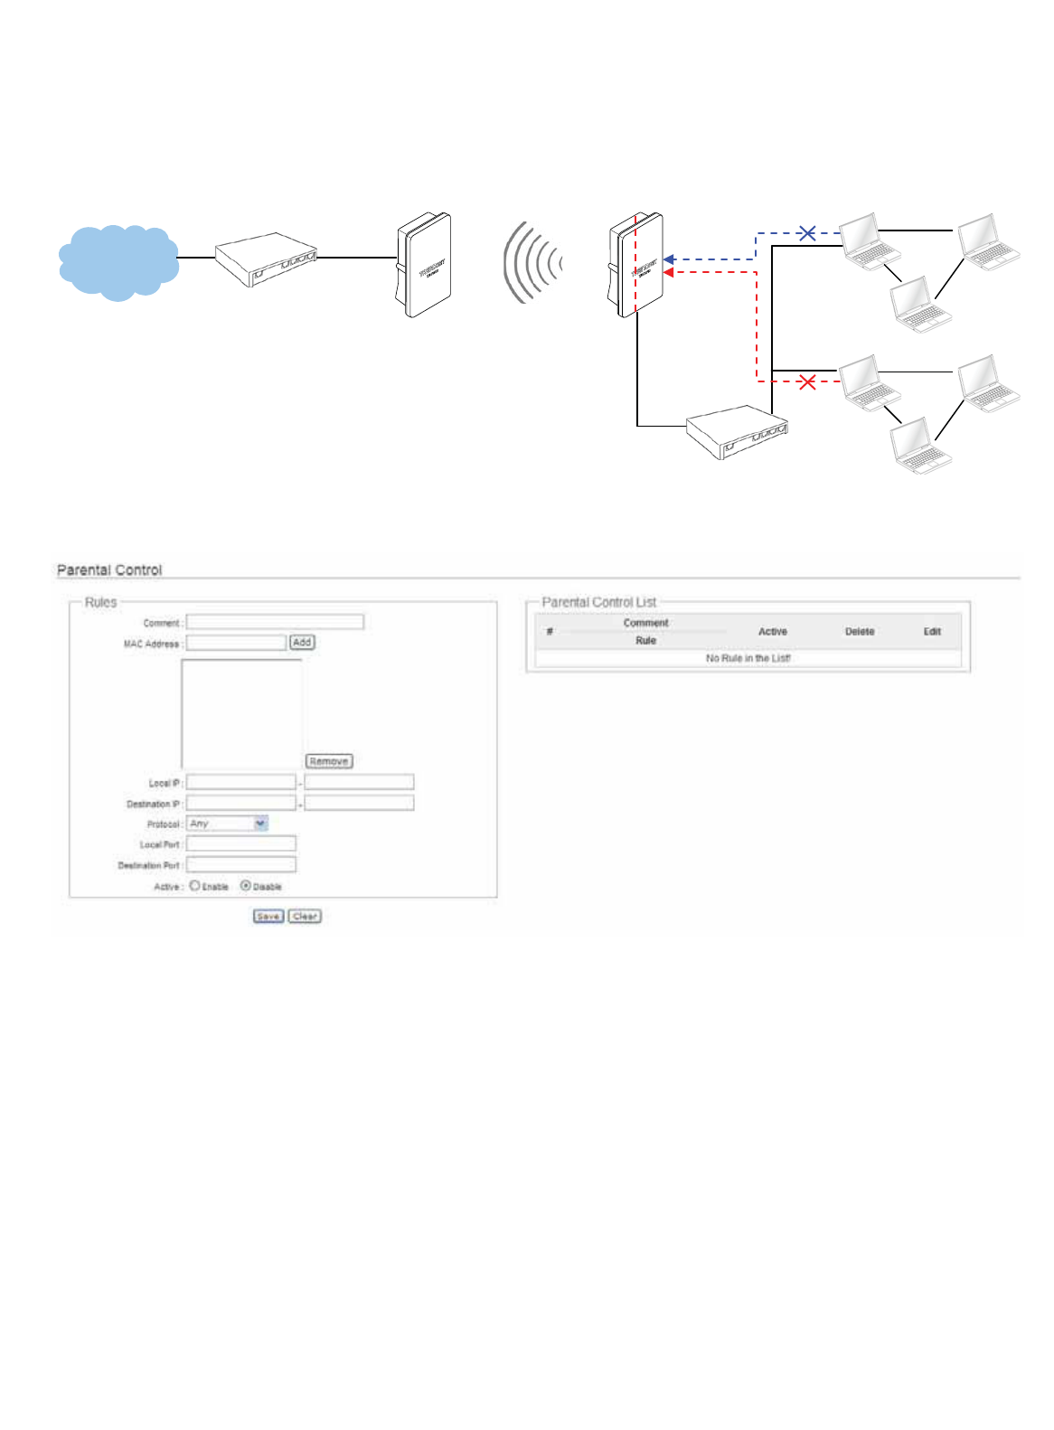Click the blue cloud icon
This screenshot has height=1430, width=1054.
pyautogui.click(x=118, y=260)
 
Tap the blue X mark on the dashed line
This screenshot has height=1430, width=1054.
pyautogui.click(x=807, y=233)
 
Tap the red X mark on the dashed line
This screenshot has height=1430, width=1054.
pyautogui.click(x=807, y=382)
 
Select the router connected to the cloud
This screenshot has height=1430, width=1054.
pyautogui.click(x=266, y=259)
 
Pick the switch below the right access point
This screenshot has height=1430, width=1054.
pyautogui.click(x=737, y=432)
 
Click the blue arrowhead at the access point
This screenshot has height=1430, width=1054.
pyautogui.click(x=669, y=259)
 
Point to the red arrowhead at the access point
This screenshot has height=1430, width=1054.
pyautogui.click(x=669, y=272)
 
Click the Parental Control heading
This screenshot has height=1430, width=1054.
pyautogui.click(x=109, y=570)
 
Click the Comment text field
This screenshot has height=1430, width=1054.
pyautogui.click(x=275, y=622)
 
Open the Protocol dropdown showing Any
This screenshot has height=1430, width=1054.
pyautogui.click(x=227, y=823)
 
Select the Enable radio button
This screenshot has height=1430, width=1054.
pyautogui.click(x=194, y=886)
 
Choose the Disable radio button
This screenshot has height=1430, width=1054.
pyautogui.click(x=245, y=886)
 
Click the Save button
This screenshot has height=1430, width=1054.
pyautogui.click(x=268, y=917)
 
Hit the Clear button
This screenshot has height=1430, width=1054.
pyautogui.click(x=305, y=917)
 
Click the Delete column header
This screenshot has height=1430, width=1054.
pyautogui.click(x=860, y=632)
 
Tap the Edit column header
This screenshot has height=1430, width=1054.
pyautogui.click(x=932, y=632)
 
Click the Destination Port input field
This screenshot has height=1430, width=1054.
pyautogui.click(x=241, y=865)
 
